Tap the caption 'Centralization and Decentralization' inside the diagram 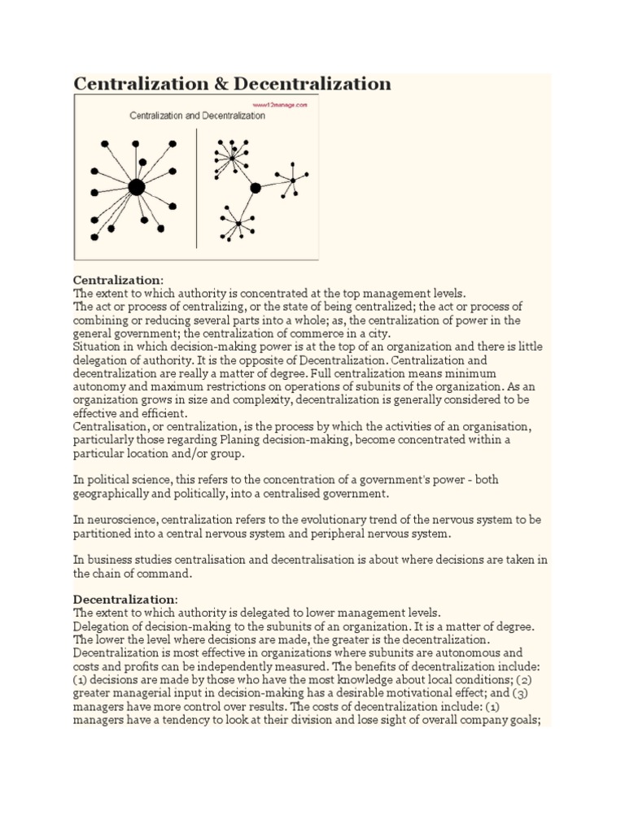coord(197,116)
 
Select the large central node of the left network coord(137,188)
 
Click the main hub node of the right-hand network coord(256,188)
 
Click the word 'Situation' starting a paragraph coord(98,346)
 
